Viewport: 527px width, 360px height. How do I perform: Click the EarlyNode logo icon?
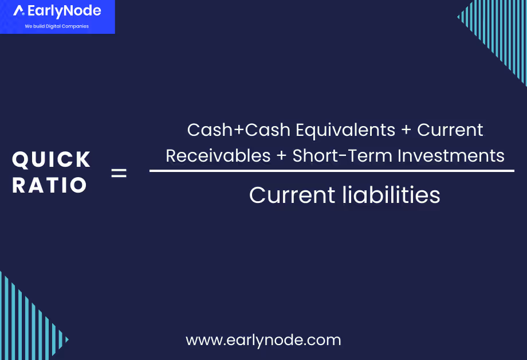pos(19,11)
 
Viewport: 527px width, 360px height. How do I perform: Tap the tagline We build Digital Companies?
pos(57,26)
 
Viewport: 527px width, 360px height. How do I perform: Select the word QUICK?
pos(52,160)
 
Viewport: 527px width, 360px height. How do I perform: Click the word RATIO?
pos(50,185)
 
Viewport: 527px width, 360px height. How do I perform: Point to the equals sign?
pos(119,173)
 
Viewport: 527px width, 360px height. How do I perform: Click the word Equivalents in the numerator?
pos(345,130)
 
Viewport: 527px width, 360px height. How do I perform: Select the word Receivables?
pos(218,155)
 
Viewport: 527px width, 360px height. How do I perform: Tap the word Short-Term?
pos(340,155)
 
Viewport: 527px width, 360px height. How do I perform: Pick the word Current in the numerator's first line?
pos(450,130)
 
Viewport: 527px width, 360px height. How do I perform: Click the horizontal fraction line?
pos(332,171)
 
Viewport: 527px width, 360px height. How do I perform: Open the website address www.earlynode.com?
pos(263,340)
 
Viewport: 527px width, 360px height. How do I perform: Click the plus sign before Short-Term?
pos(282,156)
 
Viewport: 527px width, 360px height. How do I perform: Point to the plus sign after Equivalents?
pos(406,131)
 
